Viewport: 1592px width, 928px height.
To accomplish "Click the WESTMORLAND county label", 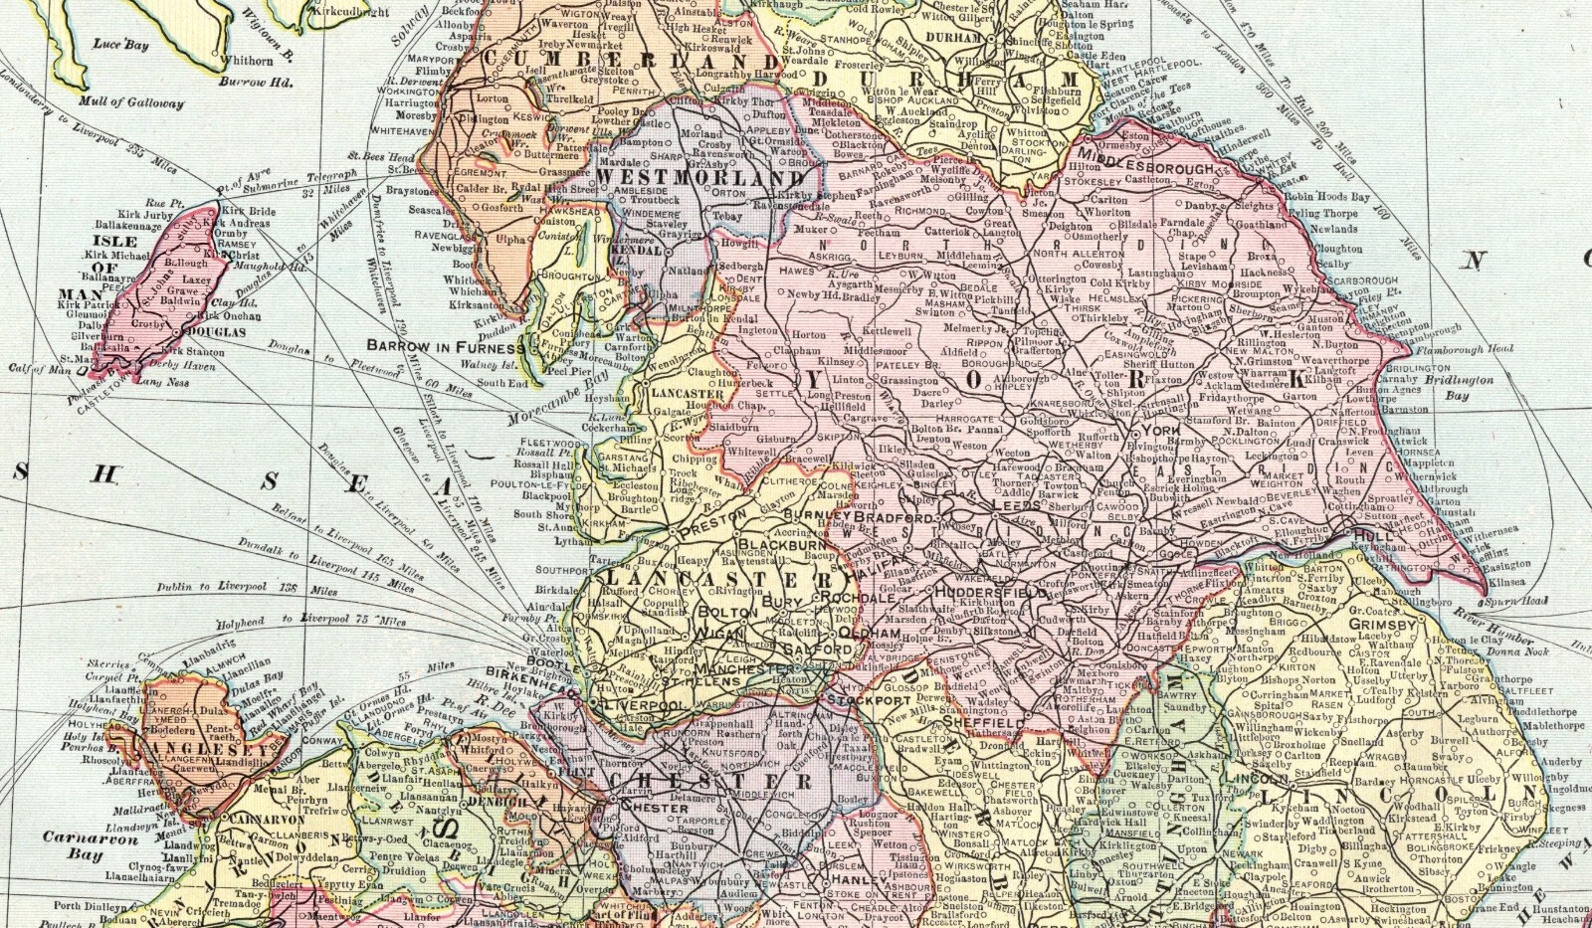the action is tap(672, 175).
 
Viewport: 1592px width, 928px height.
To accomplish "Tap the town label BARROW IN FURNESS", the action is tap(446, 348).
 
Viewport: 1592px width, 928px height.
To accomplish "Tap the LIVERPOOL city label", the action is tap(642, 704).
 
